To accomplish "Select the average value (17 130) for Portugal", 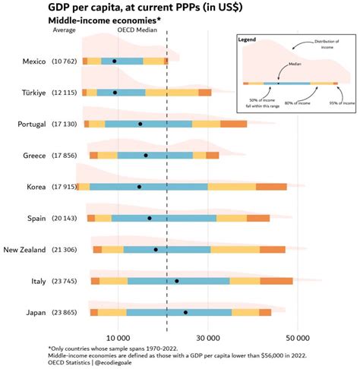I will pyautogui.click(x=65, y=124).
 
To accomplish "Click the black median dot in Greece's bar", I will pyautogui.click(x=146, y=155).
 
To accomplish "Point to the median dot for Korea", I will pyautogui.click(x=139, y=187).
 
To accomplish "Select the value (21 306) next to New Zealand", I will pyautogui.click(x=65, y=250).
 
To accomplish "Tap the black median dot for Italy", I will pyautogui.click(x=177, y=281).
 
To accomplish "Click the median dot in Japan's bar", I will pyautogui.click(x=185, y=312).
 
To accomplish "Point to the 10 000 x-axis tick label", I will pyautogui.click(x=118, y=336).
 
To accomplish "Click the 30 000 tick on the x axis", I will pyautogui.click(x=208, y=336).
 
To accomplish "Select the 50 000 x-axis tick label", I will pyautogui.click(x=298, y=336).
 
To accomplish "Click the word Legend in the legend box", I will pyautogui.click(x=248, y=39).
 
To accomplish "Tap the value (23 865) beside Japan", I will pyautogui.click(x=65, y=312).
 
